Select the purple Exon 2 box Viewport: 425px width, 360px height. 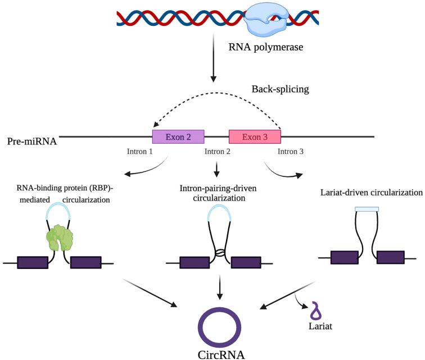coord(178,136)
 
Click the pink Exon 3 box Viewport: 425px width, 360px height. coord(255,136)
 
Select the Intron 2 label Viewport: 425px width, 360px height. coord(216,152)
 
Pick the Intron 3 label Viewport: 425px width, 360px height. coord(293,152)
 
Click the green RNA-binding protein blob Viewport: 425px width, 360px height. coord(60,238)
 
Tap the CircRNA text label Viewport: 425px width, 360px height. coord(221,354)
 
